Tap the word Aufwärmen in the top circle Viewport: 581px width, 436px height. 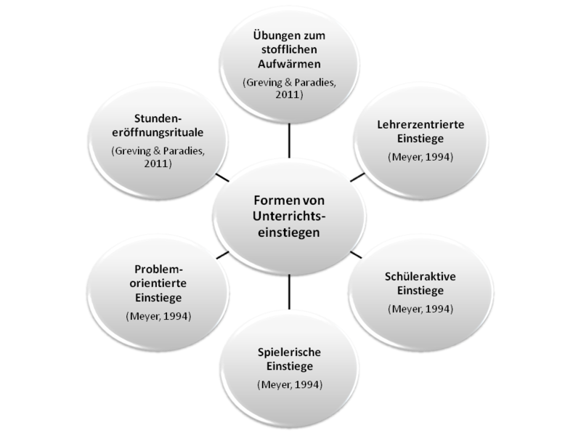pos(289,63)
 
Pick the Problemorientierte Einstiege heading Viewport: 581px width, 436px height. pos(158,283)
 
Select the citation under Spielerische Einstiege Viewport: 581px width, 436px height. pos(289,384)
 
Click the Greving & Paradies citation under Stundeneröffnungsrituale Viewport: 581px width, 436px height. pos(158,158)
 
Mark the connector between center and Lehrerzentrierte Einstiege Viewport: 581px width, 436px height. pos(357,177)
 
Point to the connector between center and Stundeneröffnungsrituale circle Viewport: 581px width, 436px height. pos(222,177)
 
